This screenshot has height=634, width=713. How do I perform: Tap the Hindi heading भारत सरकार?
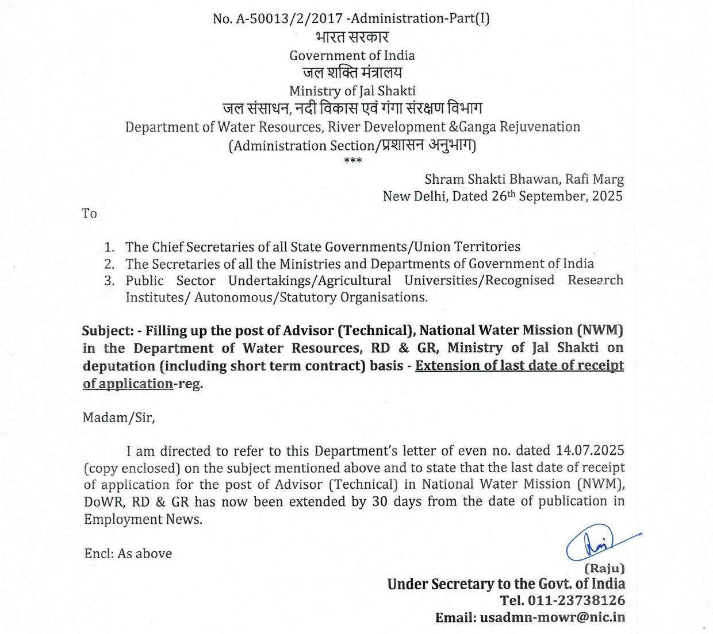coord(352,37)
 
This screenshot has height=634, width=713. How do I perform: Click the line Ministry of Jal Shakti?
coord(352,91)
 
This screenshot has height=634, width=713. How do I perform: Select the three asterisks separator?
coord(352,161)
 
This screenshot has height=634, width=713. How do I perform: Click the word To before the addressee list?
coord(89,214)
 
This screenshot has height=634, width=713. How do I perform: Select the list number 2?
coord(109,264)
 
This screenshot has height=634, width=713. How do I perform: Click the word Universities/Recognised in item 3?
coord(480,280)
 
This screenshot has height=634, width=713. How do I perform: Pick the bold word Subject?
coord(108,331)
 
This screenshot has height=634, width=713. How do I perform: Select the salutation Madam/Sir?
coord(118,417)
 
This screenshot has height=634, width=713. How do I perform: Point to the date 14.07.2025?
coord(590,451)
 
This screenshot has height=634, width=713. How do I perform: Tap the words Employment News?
coord(143,519)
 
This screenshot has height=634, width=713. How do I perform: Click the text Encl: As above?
coord(128,554)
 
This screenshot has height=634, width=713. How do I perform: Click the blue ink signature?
coord(592,543)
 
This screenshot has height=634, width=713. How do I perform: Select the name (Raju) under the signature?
coord(604,569)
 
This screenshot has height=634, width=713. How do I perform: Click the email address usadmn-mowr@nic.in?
coord(553,617)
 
